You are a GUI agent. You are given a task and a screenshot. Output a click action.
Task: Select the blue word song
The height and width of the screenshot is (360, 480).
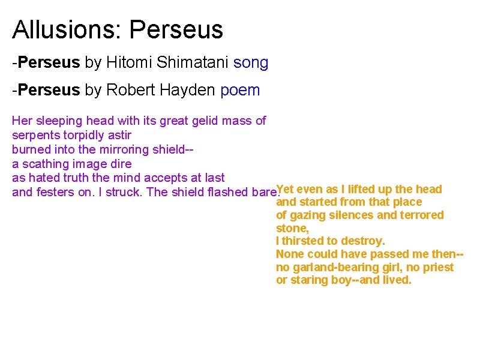click(251, 62)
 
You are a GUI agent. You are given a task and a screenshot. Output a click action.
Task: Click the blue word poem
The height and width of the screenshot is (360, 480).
click(241, 91)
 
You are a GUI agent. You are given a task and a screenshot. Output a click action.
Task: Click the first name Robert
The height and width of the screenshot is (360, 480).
click(127, 91)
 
